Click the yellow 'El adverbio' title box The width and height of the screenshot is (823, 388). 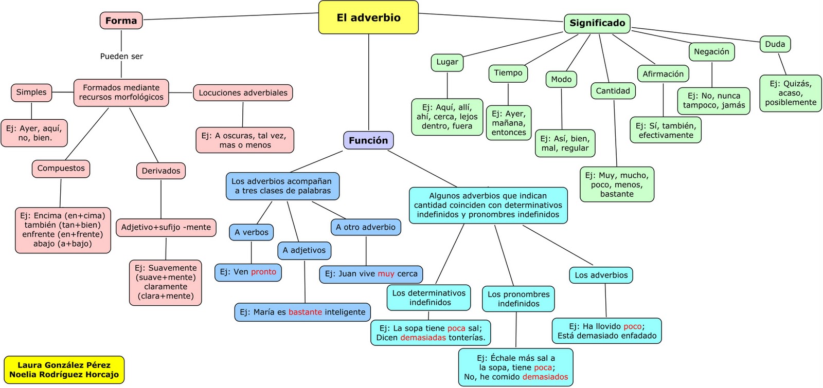point(368,17)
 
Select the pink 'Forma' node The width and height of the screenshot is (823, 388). point(121,21)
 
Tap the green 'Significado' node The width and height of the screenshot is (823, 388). point(597,23)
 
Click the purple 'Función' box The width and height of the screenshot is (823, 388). point(368,140)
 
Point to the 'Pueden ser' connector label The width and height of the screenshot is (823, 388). point(121,57)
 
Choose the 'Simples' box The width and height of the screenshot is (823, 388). point(31,93)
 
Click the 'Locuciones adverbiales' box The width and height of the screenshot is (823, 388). point(243,93)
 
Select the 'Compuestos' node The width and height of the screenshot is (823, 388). point(61,169)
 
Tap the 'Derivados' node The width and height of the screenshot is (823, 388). point(161,171)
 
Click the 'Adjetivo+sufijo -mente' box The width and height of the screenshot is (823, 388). point(166,227)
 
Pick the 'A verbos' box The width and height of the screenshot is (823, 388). point(251,232)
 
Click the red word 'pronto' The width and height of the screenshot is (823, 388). point(263,272)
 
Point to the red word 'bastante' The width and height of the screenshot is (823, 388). point(305,312)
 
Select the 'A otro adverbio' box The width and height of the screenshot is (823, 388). point(365,227)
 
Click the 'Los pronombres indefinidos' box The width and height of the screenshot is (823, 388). point(518,299)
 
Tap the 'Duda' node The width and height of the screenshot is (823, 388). point(775,44)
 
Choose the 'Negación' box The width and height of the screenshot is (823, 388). point(711,51)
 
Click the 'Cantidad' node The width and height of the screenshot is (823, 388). point(613,91)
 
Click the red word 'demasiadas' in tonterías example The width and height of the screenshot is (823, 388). point(423,338)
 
